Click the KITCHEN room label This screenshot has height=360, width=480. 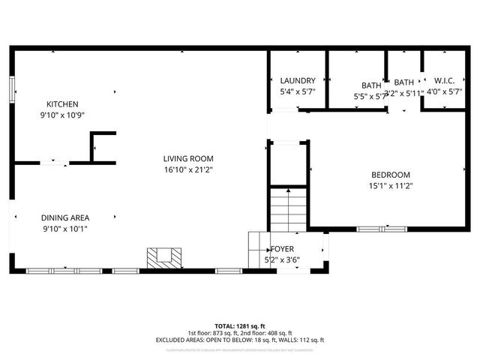(x=62, y=104)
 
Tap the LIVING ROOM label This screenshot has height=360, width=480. (x=189, y=158)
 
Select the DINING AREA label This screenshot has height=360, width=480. (x=64, y=217)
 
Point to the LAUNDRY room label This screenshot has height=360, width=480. (x=298, y=81)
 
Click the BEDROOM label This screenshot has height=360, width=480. (x=390, y=175)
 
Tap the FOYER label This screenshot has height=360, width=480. (x=283, y=248)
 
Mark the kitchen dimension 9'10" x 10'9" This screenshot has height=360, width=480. (x=62, y=115)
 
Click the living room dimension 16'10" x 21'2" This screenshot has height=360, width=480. (x=189, y=169)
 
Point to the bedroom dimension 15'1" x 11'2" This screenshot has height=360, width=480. (x=391, y=186)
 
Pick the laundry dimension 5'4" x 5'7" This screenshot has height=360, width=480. (x=298, y=91)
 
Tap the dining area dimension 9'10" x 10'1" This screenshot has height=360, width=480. (x=64, y=229)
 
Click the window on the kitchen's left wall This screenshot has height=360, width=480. (x=11, y=88)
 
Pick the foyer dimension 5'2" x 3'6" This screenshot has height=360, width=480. (x=283, y=259)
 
